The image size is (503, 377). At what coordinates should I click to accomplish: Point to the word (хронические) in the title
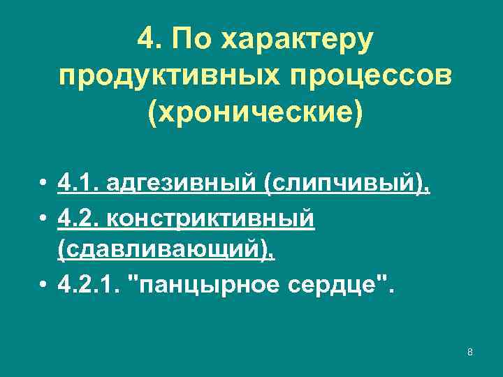(x=256, y=112)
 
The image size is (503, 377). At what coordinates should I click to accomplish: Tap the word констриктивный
(x=207, y=219)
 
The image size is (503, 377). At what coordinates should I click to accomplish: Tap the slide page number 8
(x=470, y=351)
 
